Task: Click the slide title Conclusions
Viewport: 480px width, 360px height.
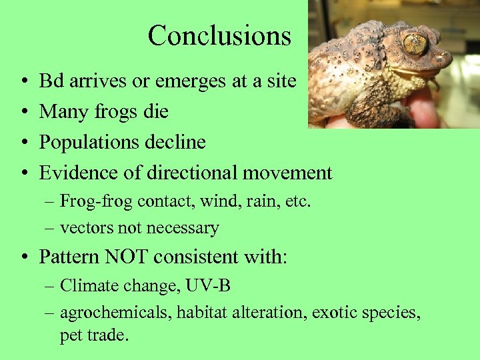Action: tap(219, 35)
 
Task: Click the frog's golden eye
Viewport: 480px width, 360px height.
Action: tap(415, 44)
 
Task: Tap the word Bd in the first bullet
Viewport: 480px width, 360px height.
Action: tap(51, 81)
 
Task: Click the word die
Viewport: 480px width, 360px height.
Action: tap(155, 111)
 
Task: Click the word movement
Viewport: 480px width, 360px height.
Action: tap(287, 173)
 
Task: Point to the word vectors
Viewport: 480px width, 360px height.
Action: tap(87, 228)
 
